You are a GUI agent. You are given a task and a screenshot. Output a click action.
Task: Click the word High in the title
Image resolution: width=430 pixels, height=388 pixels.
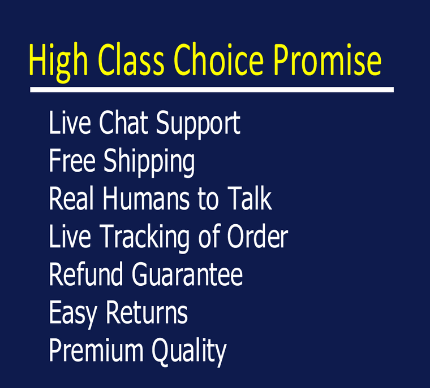point(58,62)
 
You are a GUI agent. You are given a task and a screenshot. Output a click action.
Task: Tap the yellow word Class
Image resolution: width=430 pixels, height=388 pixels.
point(131,59)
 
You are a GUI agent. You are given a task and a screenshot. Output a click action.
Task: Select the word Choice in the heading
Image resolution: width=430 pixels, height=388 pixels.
point(218,59)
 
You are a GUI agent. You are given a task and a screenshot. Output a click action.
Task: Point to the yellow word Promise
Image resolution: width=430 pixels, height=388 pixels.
point(328,59)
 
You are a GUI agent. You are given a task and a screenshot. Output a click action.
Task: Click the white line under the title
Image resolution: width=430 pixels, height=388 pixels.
point(212,90)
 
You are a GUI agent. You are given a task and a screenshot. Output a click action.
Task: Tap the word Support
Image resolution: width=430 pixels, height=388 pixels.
point(198,125)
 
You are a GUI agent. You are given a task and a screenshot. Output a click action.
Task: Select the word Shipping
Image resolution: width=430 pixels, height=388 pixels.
point(149,163)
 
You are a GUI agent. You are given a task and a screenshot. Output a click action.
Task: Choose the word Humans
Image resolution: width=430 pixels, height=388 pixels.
point(146,198)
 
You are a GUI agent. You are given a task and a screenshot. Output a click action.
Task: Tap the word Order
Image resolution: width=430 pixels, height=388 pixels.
point(257,236)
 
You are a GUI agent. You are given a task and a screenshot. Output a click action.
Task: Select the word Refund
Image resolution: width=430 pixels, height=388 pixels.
point(86,274)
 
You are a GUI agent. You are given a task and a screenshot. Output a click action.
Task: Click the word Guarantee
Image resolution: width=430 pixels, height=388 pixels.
point(187,274)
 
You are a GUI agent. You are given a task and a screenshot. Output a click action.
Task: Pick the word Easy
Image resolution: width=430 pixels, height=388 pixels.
point(73,315)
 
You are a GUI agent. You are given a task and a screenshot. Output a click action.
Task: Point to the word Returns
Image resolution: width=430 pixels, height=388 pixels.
point(147,312)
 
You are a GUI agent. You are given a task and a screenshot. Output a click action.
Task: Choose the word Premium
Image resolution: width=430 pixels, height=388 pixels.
point(96,351)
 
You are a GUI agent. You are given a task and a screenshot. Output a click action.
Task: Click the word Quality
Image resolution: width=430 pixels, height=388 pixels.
point(189,352)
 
